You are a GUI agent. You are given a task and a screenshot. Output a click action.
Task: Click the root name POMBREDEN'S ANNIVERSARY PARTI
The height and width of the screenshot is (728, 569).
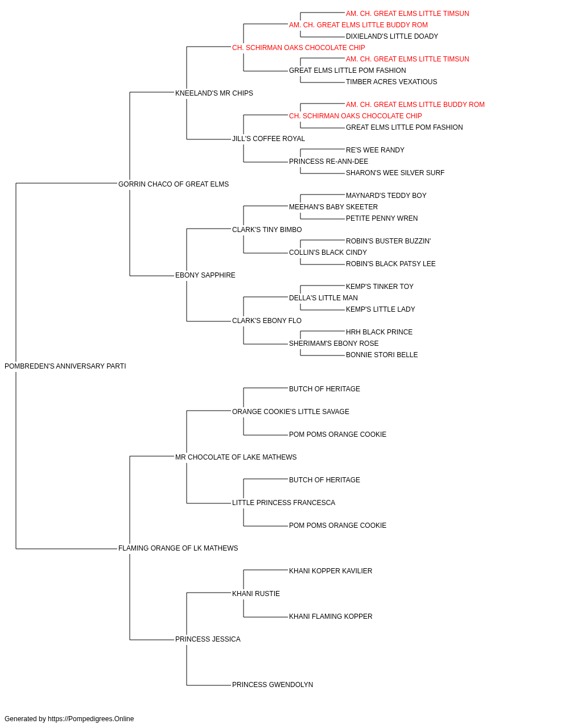[65, 366]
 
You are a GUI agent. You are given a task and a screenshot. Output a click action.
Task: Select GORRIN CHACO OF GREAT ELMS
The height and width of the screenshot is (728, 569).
[174, 184]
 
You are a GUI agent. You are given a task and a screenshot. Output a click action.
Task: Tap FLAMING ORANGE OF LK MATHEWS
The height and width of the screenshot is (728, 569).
[178, 548]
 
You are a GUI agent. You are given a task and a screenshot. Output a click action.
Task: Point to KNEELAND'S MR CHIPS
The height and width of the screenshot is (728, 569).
[214, 93]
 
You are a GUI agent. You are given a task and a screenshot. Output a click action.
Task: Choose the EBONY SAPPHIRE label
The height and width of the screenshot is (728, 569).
[205, 275]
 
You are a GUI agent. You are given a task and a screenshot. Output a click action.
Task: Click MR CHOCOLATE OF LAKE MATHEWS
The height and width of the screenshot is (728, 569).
[236, 457]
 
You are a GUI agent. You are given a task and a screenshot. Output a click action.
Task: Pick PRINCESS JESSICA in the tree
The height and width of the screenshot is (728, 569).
[208, 639]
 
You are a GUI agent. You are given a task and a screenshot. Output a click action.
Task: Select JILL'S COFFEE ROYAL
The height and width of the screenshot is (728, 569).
[269, 139]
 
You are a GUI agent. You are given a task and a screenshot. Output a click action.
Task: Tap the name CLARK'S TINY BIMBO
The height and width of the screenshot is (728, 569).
[267, 229]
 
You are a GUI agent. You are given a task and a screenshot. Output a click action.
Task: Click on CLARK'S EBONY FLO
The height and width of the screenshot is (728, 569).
[267, 321]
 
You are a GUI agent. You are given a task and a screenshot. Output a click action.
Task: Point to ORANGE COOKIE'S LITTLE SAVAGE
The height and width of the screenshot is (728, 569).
[291, 411]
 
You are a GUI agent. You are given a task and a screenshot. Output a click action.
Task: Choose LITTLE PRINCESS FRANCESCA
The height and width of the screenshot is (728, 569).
[283, 503]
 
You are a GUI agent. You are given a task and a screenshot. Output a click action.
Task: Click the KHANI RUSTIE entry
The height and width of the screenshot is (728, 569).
[256, 594]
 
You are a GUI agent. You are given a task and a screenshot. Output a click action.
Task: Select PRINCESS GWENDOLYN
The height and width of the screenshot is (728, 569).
[273, 685]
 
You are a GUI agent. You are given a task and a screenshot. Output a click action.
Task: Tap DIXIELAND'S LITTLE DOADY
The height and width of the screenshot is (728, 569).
[392, 36]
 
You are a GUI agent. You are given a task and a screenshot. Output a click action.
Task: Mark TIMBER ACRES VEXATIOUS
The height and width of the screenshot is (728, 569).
[391, 82]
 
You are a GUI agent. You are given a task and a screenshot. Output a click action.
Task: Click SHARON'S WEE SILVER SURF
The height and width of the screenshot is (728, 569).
[395, 173]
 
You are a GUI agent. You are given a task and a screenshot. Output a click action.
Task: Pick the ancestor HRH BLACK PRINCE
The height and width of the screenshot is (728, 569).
[379, 332]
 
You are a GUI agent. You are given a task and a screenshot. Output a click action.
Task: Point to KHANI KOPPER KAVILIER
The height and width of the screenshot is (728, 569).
[331, 571]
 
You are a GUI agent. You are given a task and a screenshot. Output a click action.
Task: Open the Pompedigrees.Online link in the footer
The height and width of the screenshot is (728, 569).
[91, 719]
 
